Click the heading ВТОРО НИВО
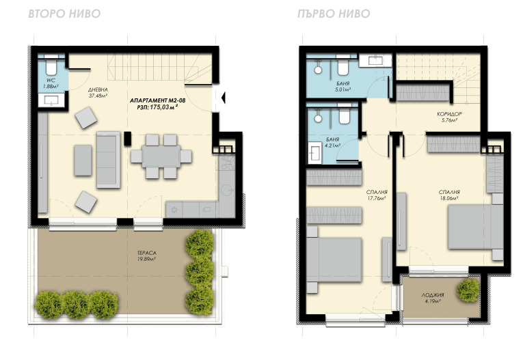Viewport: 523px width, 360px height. pyautogui.click(x=64, y=14)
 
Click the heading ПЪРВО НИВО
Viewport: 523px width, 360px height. pyautogui.click(x=334, y=14)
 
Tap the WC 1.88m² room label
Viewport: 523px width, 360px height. pyautogui.click(x=51, y=83)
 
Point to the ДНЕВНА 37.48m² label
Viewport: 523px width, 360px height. pyautogui.click(x=98, y=93)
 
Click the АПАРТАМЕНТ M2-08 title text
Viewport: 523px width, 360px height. pyautogui.click(x=157, y=100)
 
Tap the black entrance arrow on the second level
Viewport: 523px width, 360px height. pyautogui.click(x=224, y=98)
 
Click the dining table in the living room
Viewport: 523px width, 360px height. pyautogui.click(x=161, y=156)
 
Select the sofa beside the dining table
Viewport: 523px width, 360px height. pyautogui.click(x=109, y=160)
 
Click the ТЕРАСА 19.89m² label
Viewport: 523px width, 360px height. pyautogui.click(x=147, y=255)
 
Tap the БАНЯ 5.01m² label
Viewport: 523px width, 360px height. pyautogui.click(x=343, y=86)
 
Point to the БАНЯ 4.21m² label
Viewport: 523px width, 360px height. pyautogui.click(x=332, y=142)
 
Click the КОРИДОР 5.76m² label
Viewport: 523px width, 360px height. pyautogui.click(x=449, y=117)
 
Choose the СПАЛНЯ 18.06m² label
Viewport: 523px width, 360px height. pyautogui.click(x=449, y=195)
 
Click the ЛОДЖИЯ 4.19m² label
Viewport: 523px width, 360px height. pyautogui.click(x=433, y=298)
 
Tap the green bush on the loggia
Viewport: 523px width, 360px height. pyautogui.click(x=468, y=291)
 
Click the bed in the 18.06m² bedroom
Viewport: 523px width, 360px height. pyautogui.click(x=475, y=227)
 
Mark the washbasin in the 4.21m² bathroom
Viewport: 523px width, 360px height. pyautogui.click(x=314, y=152)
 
